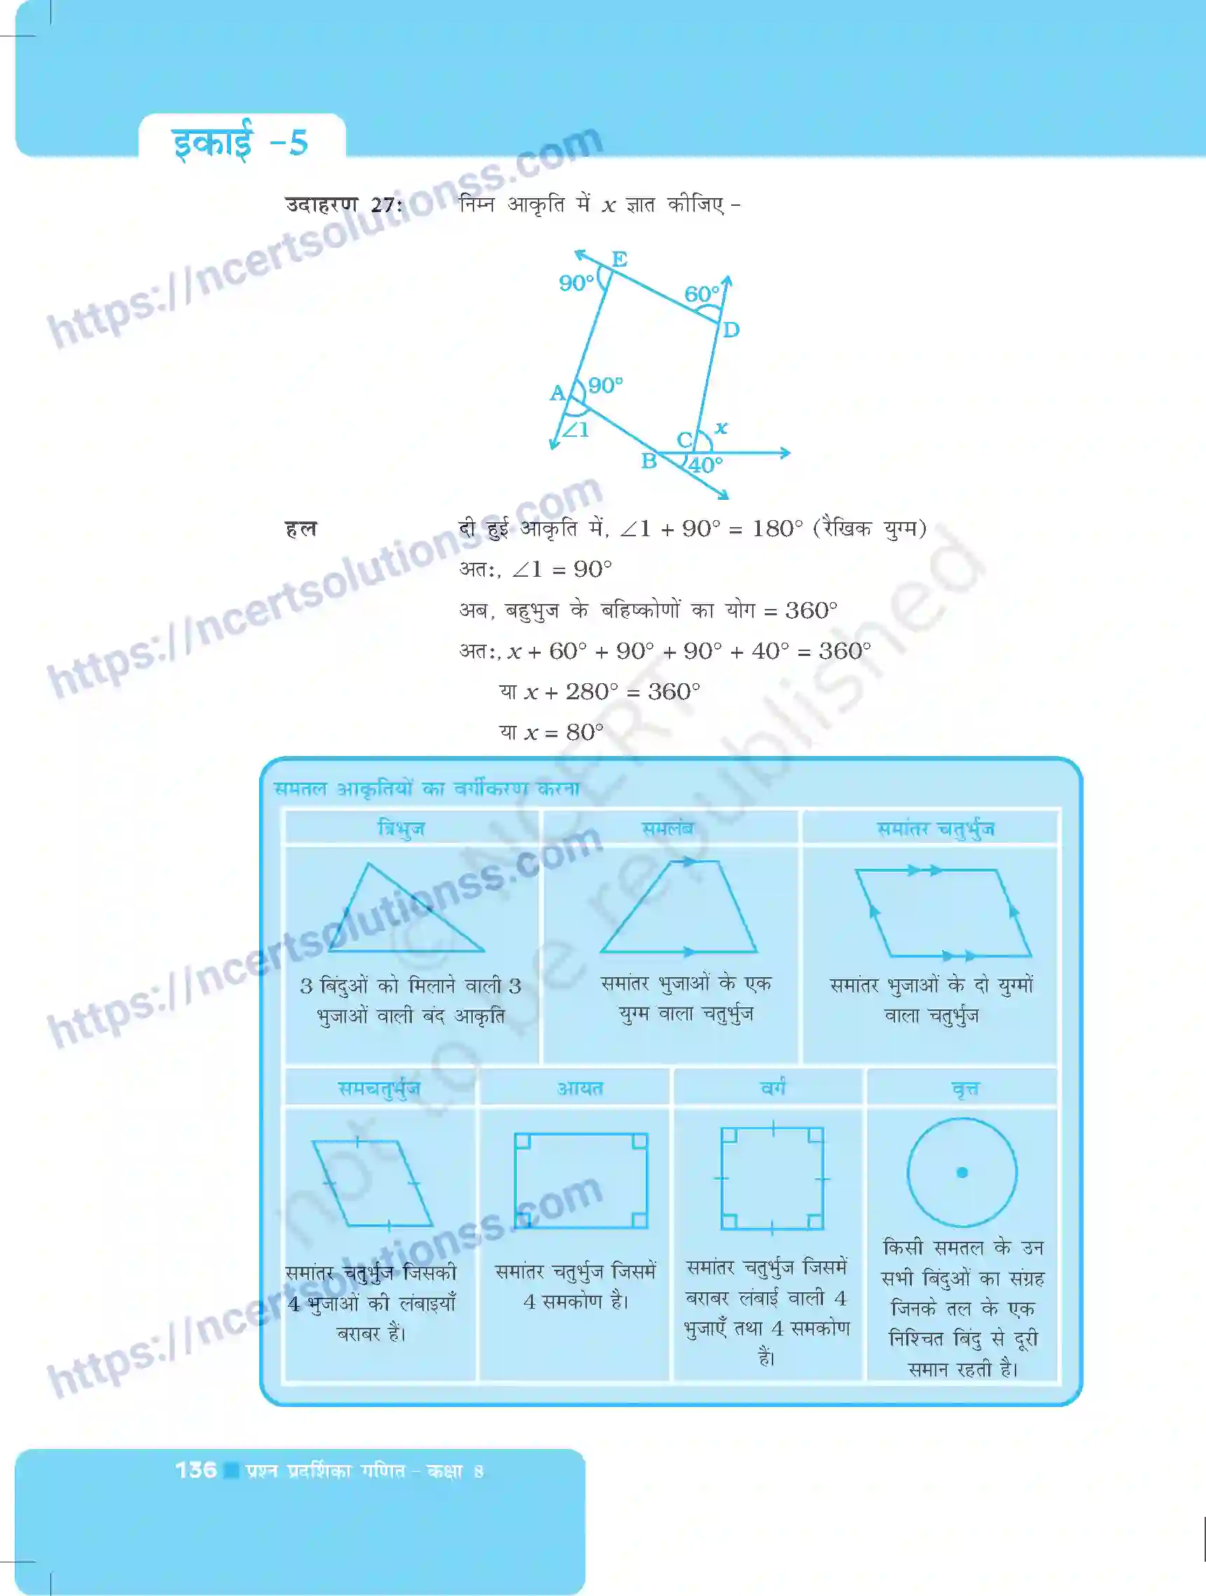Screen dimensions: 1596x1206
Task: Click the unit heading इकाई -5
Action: (240, 141)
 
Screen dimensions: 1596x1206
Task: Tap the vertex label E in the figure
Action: (619, 258)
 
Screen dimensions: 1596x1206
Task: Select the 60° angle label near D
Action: (701, 294)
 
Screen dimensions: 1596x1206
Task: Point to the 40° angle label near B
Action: (706, 465)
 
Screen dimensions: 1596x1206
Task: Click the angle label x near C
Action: (720, 428)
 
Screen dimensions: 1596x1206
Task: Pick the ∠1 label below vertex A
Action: (576, 430)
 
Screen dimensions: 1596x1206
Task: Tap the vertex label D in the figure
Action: (731, 330)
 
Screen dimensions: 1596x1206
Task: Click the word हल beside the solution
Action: (301, 529)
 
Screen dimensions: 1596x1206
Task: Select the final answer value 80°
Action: (585, 732)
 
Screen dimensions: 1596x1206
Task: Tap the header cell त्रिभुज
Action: (401, 828)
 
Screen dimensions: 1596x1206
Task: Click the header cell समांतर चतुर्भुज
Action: (936, 828)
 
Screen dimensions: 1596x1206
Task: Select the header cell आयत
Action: (580, 1088)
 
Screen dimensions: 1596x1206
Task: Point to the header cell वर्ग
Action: (773, 1087)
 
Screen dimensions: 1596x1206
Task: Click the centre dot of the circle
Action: (962, 1172)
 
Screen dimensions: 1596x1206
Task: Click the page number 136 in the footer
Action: (195, 1471)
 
